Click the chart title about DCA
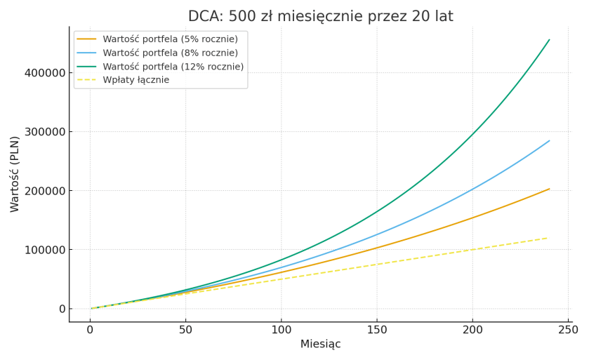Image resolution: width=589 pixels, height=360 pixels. coord(320,16)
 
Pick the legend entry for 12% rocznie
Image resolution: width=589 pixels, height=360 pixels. coord(173,67)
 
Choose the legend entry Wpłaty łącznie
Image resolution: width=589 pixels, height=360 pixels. coord(135,80)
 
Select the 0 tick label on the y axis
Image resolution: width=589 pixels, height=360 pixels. coord(62,309)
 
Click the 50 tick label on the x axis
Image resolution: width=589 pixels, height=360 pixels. coord(185,329)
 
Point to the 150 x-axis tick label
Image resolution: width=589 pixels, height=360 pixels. coord(377,329)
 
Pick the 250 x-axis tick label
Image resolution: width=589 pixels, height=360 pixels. coord(568,329)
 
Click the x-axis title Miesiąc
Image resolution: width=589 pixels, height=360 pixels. coord(320,345)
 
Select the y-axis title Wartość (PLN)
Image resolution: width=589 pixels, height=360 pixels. coord(15,173)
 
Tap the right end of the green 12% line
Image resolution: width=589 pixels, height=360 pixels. coord(550,40)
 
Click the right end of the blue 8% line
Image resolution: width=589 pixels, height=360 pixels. coord(550,141)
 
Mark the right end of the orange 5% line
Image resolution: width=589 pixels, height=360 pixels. coord(550,189)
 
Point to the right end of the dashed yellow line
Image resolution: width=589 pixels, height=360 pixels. coord(548,238)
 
